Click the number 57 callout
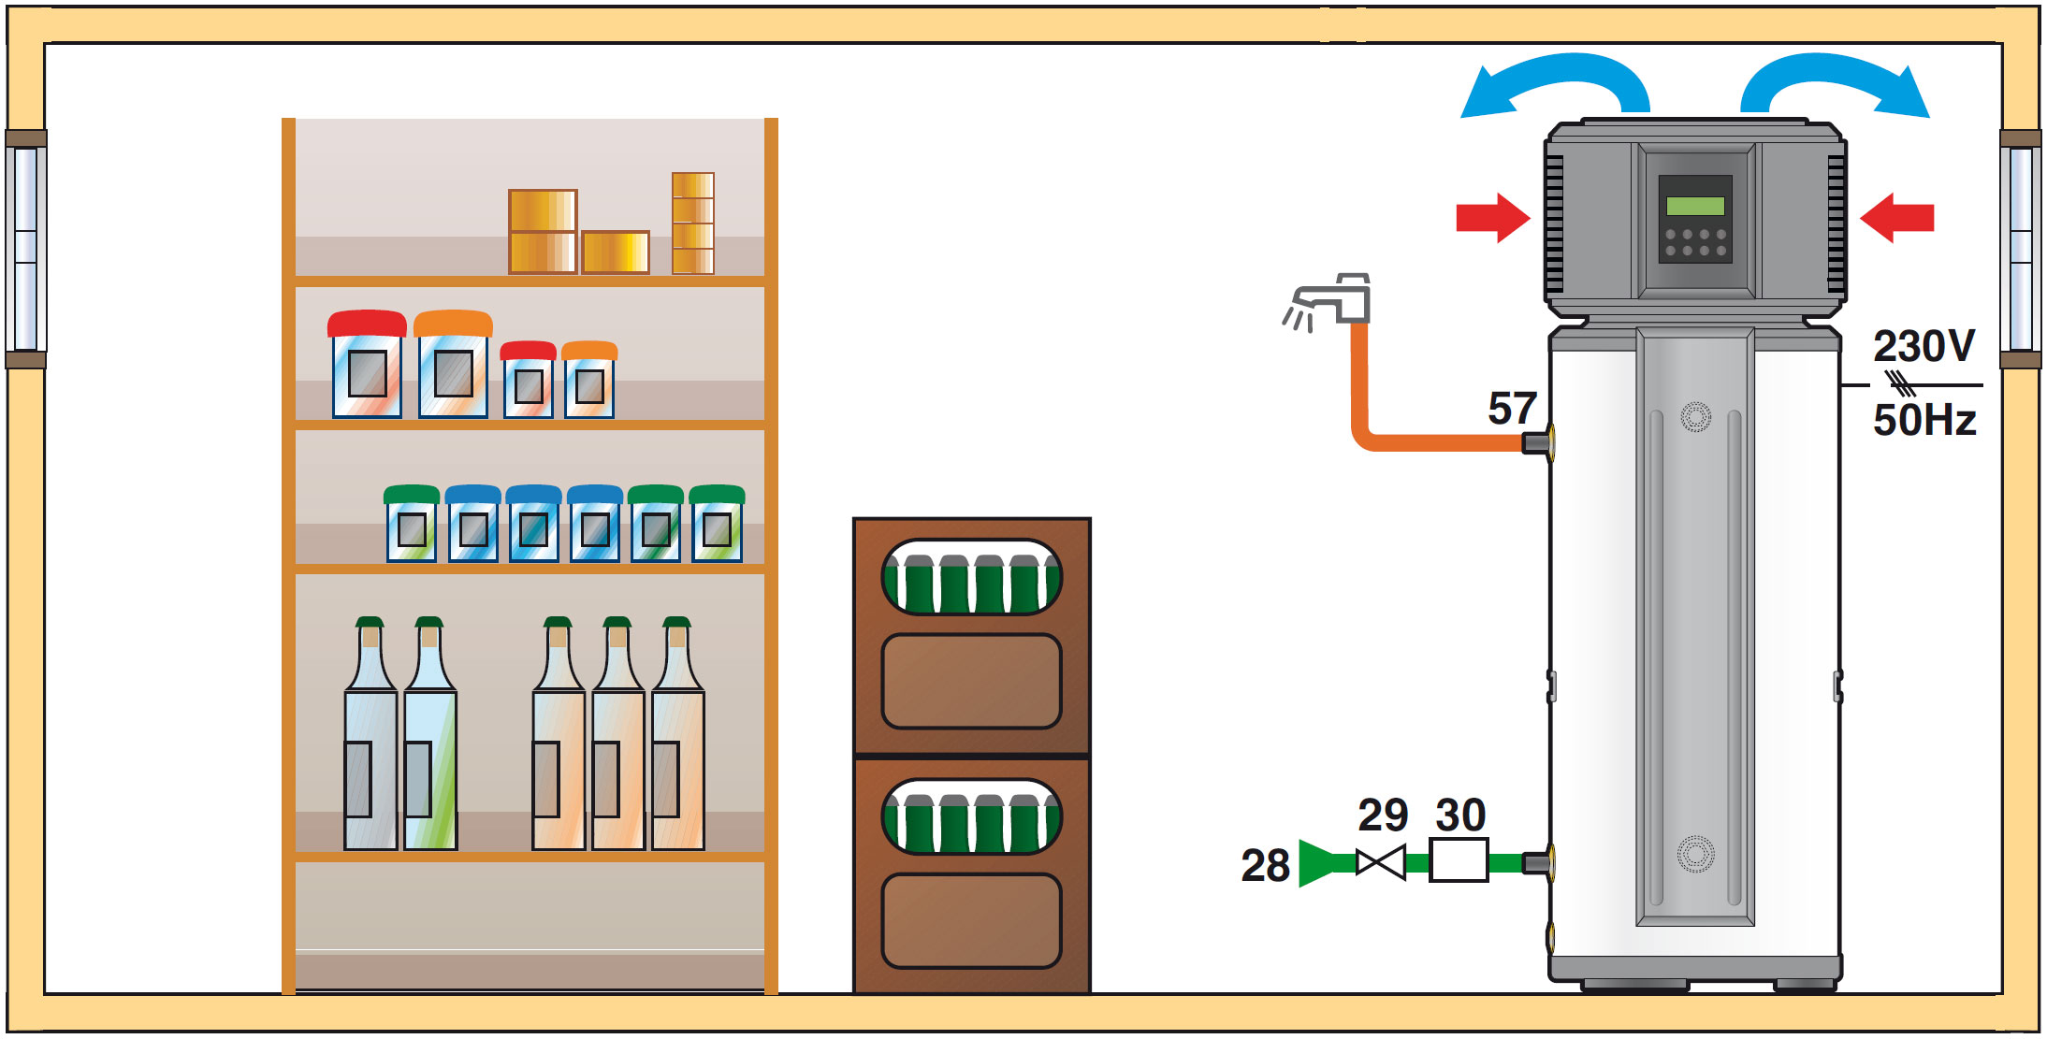pyautogui.click(x=1512, y=409)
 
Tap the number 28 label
pyautogui.click(x=1265, y=865)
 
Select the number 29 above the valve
pyautogui.click(x=1383, y=815)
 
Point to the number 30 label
pyautogui.click(x=1460, y=815)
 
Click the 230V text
pyautogui.click(x=1924, y=347)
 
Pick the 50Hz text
pyautogui.click(x=1924, y=420)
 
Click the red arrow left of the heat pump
pyautogui.click(x=1492, y=218)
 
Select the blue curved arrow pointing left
pyautogui.click(x=1553, y=87)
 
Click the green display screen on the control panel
pyautogui.click(x=1695, y=206)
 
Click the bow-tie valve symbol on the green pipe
pyautogui.click(x=1381, y=862)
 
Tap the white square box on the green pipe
pyautogui.click(x=1459, y=860)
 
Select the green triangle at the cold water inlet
pyautogui.click(x=1319, y=863)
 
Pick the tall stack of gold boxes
pyautogui.click(x=693, y=224)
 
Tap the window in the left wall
pyautogui.click(x=25, y=249)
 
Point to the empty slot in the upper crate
pyautogui.click(x=971, y=681)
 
